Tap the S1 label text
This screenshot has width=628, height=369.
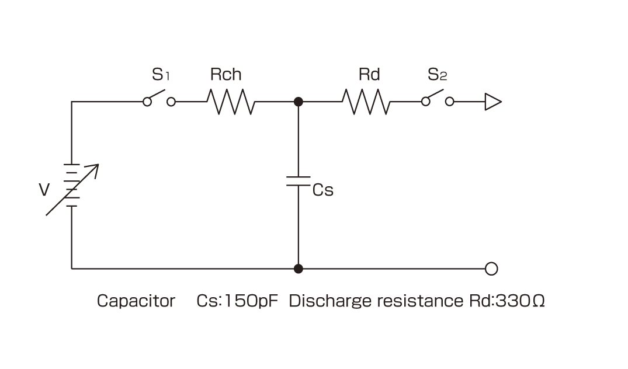tap(161, 75)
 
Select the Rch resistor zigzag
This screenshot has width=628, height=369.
tap(231, 102)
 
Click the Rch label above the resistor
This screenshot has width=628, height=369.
tap(225, 75)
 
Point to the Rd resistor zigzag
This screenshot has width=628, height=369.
tap(366, 102)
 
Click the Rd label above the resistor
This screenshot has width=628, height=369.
tap(369, 75)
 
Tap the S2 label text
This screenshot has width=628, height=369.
tap(437, 75)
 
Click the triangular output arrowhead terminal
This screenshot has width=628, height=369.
tap(492, 102)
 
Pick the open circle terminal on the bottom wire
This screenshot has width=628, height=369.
tap(491, 269)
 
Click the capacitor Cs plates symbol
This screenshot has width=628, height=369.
tap(298, 180)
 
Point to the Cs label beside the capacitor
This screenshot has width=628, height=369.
tap(323, 191)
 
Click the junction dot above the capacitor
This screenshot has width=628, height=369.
tap(298, 102)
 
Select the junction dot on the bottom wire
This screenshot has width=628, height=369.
tap(298, 269)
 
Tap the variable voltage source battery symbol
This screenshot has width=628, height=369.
tap(72, 186)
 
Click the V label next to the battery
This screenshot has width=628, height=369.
tap(44, 191)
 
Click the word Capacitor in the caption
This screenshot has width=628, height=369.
tap(136, 301)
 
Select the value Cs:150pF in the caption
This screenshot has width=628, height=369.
tap(237, 301)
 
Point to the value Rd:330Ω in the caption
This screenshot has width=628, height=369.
tap(507, 301)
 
